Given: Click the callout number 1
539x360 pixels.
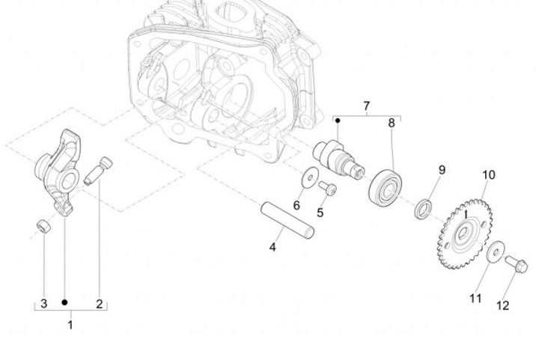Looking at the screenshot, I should point(70,325).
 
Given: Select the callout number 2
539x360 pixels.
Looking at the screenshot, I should point(99,303).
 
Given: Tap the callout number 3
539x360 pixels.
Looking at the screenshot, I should point(43,303).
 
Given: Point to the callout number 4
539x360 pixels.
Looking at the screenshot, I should point(273,246).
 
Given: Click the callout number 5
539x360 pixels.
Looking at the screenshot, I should point(320,213).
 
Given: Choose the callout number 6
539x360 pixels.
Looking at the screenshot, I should point(296,205).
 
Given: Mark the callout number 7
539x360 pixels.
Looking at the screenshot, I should point(366,106).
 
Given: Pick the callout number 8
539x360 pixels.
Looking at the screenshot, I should point(391,122).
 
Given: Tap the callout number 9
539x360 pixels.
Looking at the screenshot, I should point(442,170).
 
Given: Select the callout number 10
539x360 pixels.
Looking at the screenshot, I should point(488,175).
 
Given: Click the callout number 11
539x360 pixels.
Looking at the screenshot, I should point(475,299).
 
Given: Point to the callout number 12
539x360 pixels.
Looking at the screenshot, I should point(502,305).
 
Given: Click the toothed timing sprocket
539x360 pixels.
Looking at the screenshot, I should point(465,228).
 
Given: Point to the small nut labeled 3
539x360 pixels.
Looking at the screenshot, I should point(44,226).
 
